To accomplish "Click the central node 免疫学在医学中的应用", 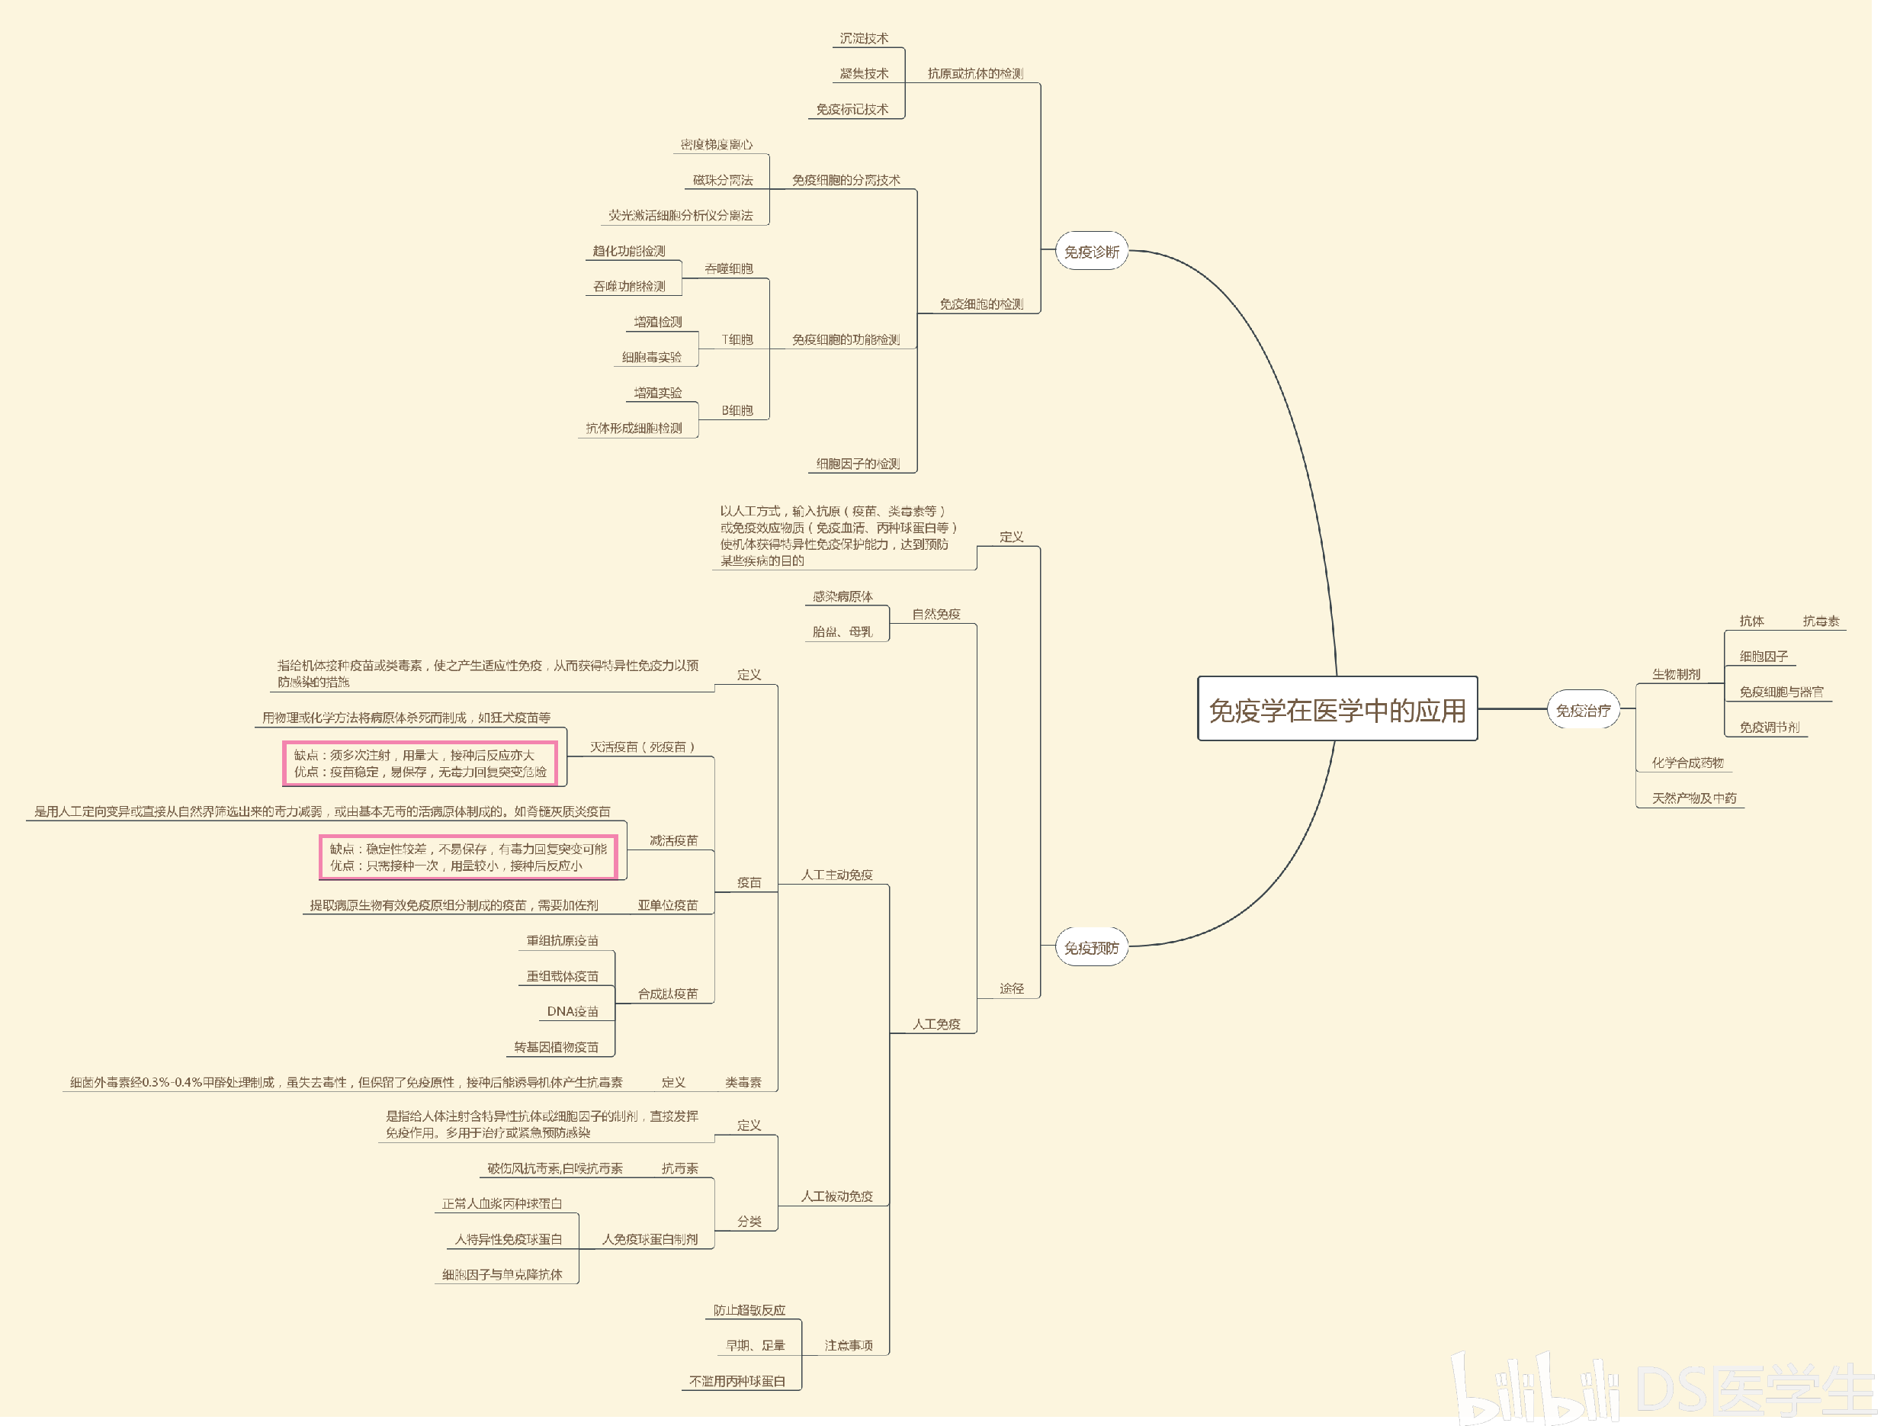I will click(1337, 710).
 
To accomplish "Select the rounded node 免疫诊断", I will click(1091, 252).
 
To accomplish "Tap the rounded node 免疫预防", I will click(1091, 947).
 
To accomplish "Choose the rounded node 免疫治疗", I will click(1583, 710).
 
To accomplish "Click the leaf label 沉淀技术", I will click(864, 38).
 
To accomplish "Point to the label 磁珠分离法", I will click(722, 180).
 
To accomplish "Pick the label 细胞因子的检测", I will click(858, 464).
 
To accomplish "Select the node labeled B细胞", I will click(737, 410).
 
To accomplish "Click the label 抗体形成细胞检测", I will click(634, 428).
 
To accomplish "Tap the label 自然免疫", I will click(936, 614).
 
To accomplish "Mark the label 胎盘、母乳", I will click(842, 631).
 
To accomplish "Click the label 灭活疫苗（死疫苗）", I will click(643, 747).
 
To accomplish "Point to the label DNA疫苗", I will click(573, 1011).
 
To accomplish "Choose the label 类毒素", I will click(743, 1082).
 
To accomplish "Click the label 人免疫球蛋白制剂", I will click(650, 1238).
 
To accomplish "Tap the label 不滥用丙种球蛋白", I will click(737, 1381).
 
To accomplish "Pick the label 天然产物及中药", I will click(1693, 798).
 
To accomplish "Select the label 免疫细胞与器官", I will click(1781, 692).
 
